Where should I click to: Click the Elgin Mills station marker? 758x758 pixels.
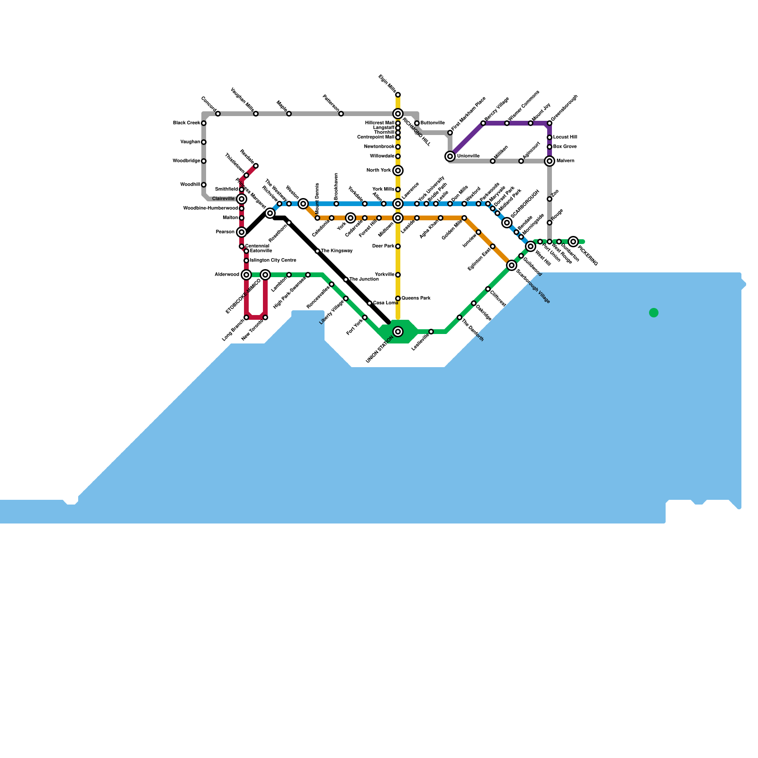[x=398, y=95]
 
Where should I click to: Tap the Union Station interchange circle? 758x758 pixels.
[x=398, y=332]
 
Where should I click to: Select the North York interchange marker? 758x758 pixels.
[x=398, y=171]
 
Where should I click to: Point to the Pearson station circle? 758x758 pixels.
[x=242, y=232]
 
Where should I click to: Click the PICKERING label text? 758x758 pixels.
[x=588, y=256]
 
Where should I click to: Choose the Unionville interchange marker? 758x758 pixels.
[x=450, y=156]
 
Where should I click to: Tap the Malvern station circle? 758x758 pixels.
[x=550, y=161]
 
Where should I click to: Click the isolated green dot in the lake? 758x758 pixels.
[x=654, y=313]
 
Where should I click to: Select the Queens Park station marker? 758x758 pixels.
[x=398, y=298]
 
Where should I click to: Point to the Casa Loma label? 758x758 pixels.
[x=386, y=303]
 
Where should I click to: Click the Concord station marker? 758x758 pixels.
[x=218, y=114]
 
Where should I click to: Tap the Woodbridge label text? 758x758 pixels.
[x=186, y=161]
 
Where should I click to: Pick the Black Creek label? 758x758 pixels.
[x=186, y=123]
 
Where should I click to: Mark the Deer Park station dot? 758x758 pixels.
[x=398, y=246]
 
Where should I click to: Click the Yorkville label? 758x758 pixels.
[x=384, y=275]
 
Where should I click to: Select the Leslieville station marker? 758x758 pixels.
[x=431, y=332]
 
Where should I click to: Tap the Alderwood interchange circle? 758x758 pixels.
[x=246, y=275]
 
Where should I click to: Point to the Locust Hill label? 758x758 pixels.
[x=565, y=137]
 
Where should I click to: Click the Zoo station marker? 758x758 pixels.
[x=550, y=199]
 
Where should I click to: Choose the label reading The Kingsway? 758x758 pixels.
[x=337, y=251]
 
